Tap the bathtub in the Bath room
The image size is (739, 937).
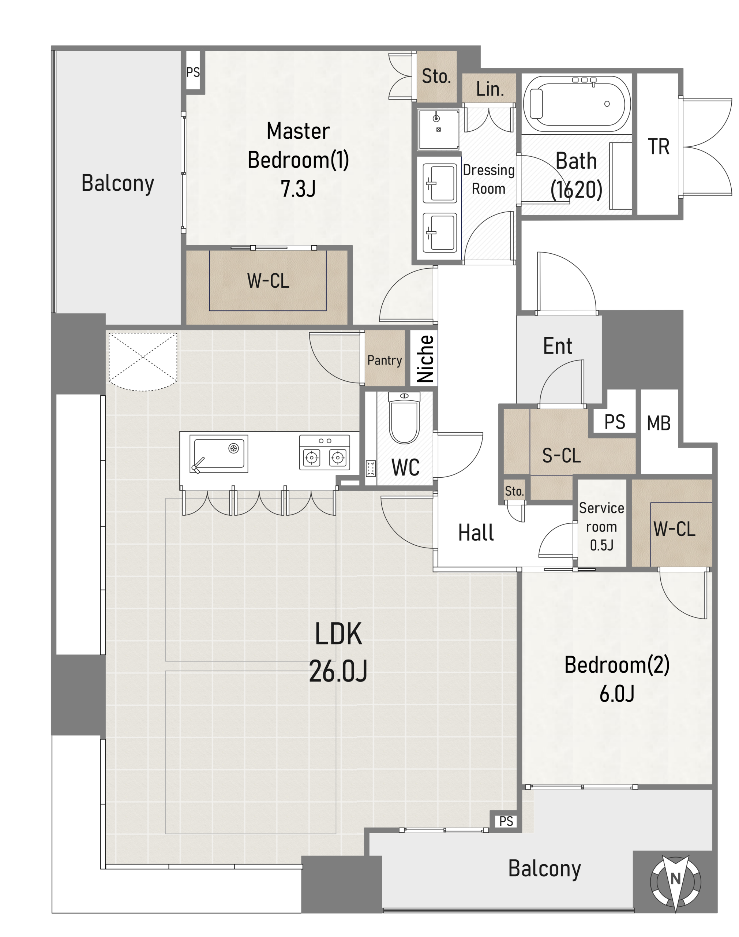coord(577,104)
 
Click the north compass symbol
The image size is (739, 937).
coord(675,881)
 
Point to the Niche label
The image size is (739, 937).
coord(425,359)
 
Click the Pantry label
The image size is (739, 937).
coord(384,360)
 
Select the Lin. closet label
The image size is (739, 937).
coord(490,89)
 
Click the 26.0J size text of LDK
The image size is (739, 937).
coord(338,672)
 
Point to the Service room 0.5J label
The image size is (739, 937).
coord(601,526)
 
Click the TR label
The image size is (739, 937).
coord(659,147)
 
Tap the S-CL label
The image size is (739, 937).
coord(562,455)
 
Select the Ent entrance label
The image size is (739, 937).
coord(557,346)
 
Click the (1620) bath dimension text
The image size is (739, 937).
coord(576,189)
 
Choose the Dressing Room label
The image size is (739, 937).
coord(488,179)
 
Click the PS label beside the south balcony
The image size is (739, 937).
coord(506,821)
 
